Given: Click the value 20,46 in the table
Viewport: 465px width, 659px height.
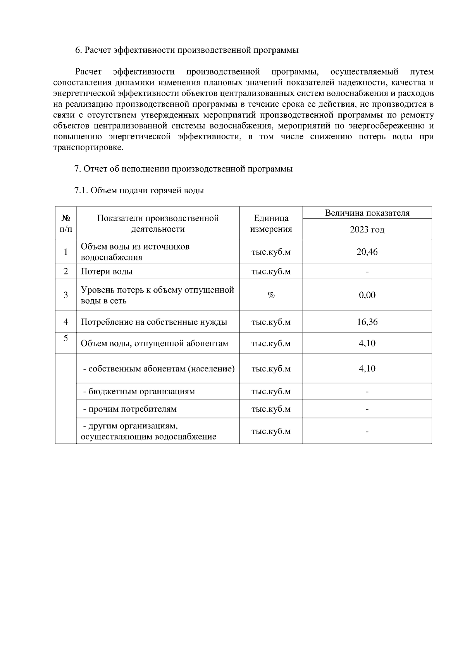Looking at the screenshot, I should coord(367,252).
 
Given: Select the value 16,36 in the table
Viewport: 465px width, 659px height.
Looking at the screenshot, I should coord(367,322).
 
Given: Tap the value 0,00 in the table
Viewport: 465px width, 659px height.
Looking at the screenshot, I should coord(367,295).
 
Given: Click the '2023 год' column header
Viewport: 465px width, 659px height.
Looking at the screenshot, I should coord(367,229).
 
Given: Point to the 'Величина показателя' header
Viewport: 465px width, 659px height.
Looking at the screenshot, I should coord(367,213).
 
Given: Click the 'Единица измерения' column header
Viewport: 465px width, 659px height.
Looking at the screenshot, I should coord(271,224).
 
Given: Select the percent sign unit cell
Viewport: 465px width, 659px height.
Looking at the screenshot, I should coord(271,295).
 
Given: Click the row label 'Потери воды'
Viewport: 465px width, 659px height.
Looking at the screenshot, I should coord(107,271).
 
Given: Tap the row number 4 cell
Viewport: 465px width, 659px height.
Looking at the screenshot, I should coord(66,322).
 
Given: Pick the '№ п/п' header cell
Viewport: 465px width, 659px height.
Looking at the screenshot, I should coord(66,224).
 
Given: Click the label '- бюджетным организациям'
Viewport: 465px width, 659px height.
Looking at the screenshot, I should coord(139,392).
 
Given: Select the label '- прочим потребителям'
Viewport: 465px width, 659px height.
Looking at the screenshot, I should coord(130,409).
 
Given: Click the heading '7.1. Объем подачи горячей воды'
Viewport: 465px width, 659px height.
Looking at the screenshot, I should coord(139,191).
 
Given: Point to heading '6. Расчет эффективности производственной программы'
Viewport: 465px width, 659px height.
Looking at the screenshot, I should coord(186,50).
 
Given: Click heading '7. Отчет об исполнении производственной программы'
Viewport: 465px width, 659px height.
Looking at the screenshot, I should coord(183,169).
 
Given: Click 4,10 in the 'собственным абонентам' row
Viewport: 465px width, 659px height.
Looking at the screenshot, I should coord(367,368).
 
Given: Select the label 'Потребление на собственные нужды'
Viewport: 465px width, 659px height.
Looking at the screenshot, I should coord(154,322).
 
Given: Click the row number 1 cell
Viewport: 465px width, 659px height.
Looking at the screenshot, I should coord(66,252).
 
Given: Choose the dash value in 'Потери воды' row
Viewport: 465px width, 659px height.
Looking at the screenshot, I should coord(367,272).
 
